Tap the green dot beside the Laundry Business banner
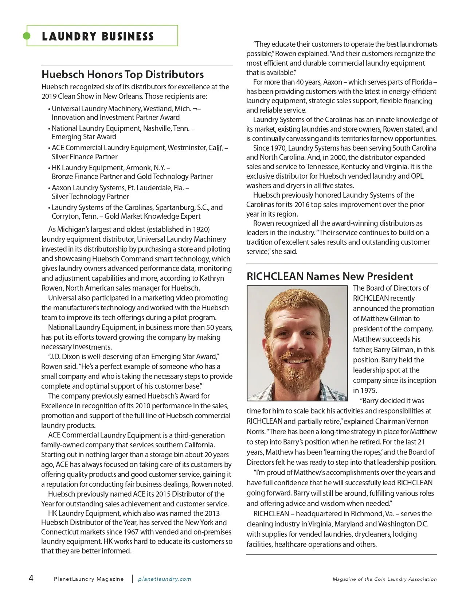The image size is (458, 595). (x=27, y=36)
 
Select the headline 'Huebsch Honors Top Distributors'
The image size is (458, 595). (x=122, y=74)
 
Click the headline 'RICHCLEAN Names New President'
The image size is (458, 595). (x=330, y=276)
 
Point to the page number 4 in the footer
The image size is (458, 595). (x=31, y=578)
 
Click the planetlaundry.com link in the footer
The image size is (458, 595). (x=164, y=579)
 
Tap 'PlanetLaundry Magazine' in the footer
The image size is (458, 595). (x=89, y=579)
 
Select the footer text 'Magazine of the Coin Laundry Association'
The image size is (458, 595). (x=384, y=579)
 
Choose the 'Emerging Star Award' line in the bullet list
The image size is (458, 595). (x=84, y=137)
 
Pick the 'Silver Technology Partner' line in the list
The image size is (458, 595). (x=90, y=197)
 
